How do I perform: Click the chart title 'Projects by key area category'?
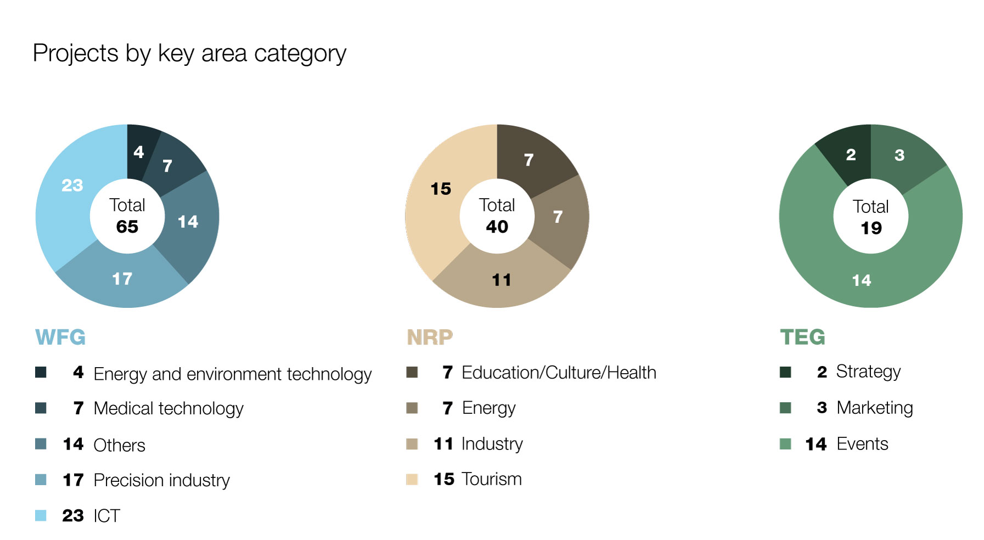189,54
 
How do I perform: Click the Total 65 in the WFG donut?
127,216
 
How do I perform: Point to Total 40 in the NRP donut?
497,216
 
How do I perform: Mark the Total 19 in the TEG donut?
871,217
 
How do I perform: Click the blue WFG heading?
60,337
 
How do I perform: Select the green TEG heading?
802,337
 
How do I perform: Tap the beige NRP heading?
430,337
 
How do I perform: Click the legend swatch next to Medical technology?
41,408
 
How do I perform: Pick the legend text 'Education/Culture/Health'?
559,373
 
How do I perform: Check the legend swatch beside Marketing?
785,408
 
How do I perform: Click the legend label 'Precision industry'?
162,480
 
